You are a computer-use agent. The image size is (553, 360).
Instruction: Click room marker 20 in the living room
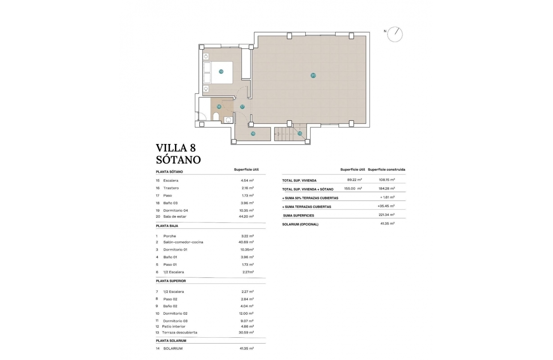point(313,75)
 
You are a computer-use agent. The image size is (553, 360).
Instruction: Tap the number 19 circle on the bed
point(221,72)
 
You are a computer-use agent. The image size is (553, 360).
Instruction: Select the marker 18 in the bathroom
point(219,107)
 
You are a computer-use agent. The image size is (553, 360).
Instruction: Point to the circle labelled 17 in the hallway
point(242,107)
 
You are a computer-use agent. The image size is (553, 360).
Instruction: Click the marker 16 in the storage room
point(253,134)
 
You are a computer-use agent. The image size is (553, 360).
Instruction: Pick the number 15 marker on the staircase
point(300,133)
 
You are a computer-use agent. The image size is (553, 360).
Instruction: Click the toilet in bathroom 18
point(216,117)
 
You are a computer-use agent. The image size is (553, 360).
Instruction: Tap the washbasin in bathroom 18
point(228,120)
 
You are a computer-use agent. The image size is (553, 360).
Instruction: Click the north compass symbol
point(394,34)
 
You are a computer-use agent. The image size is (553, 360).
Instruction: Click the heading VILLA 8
point(176,148)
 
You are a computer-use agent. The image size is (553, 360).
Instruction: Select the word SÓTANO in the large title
point(178,160)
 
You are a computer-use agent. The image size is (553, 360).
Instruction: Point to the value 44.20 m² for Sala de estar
point(247,216)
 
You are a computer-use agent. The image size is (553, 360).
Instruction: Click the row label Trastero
point(171,188)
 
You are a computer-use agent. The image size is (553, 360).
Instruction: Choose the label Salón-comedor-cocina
point(183,242)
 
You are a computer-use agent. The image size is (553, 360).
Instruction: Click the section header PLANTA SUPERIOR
point(171,281)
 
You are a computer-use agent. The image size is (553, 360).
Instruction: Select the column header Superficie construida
point(386,169)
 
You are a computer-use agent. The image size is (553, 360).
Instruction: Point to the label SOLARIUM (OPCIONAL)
point(300,224)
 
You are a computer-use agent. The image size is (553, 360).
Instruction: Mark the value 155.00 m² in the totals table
point(353,188)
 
